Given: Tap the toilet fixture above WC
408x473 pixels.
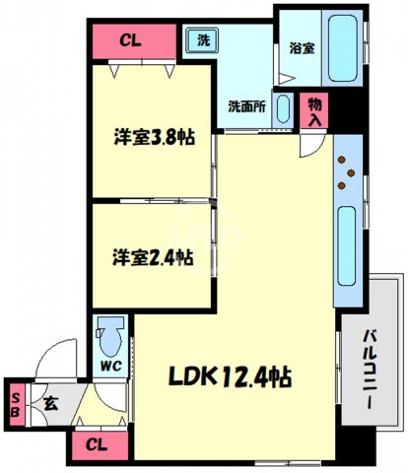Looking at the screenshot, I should pos(110,335).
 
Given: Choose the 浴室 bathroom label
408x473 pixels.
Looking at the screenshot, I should pos(302,46).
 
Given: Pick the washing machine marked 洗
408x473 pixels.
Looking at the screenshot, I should pos(203,40).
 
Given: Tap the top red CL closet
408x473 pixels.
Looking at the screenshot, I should pos(128,40).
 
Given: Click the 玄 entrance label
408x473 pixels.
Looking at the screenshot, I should pos(50,402).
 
